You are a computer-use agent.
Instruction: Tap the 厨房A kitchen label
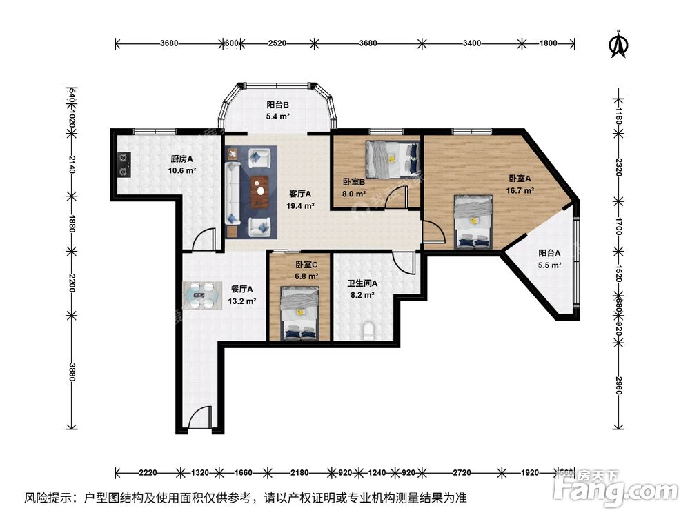(181, 159)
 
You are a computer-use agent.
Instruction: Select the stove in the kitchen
(124, 164)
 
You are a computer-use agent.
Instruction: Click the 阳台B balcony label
(277, 105)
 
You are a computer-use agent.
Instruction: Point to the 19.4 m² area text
(301, 205)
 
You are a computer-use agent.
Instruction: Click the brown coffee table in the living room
(260, 191)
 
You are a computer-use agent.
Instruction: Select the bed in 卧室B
(392, 158)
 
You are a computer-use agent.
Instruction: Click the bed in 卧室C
(299, 314)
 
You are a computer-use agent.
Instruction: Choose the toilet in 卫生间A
(369, 332)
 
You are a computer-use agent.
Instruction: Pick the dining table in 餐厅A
(203, 294)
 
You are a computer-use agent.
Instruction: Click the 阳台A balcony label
(549, 253)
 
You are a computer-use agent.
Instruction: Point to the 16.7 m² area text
(522, 190)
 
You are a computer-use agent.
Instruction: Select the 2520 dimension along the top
(277, 43)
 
